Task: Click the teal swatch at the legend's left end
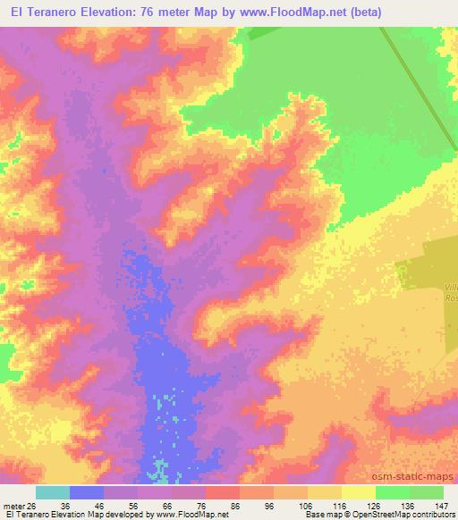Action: [53, 492]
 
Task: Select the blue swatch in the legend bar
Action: [87, 492]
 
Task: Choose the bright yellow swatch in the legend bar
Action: [359, 492]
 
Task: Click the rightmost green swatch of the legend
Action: [427, 492]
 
